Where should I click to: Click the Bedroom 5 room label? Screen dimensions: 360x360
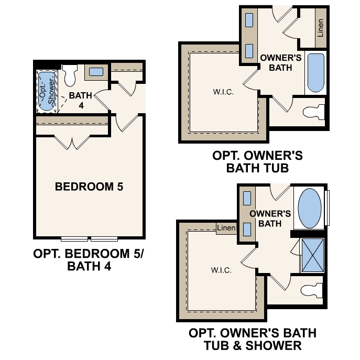[x=89, y=187]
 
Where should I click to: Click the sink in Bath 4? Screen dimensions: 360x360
[x=96, y=72]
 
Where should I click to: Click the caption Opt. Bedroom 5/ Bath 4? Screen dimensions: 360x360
[x=88, y=260]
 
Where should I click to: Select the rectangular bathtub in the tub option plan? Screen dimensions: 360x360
[x=315, y=73]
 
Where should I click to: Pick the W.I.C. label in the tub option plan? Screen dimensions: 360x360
[x=223, y=92]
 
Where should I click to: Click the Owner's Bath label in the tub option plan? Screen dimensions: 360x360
[x=280, y=62]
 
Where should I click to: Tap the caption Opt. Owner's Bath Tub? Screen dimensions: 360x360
[x=257, y=162]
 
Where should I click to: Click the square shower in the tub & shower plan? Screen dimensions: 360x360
[x=312, y=254]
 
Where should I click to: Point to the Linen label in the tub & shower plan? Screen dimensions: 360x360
[x=226, y=227]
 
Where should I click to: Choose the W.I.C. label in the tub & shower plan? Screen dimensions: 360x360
[x=221, y=271]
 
